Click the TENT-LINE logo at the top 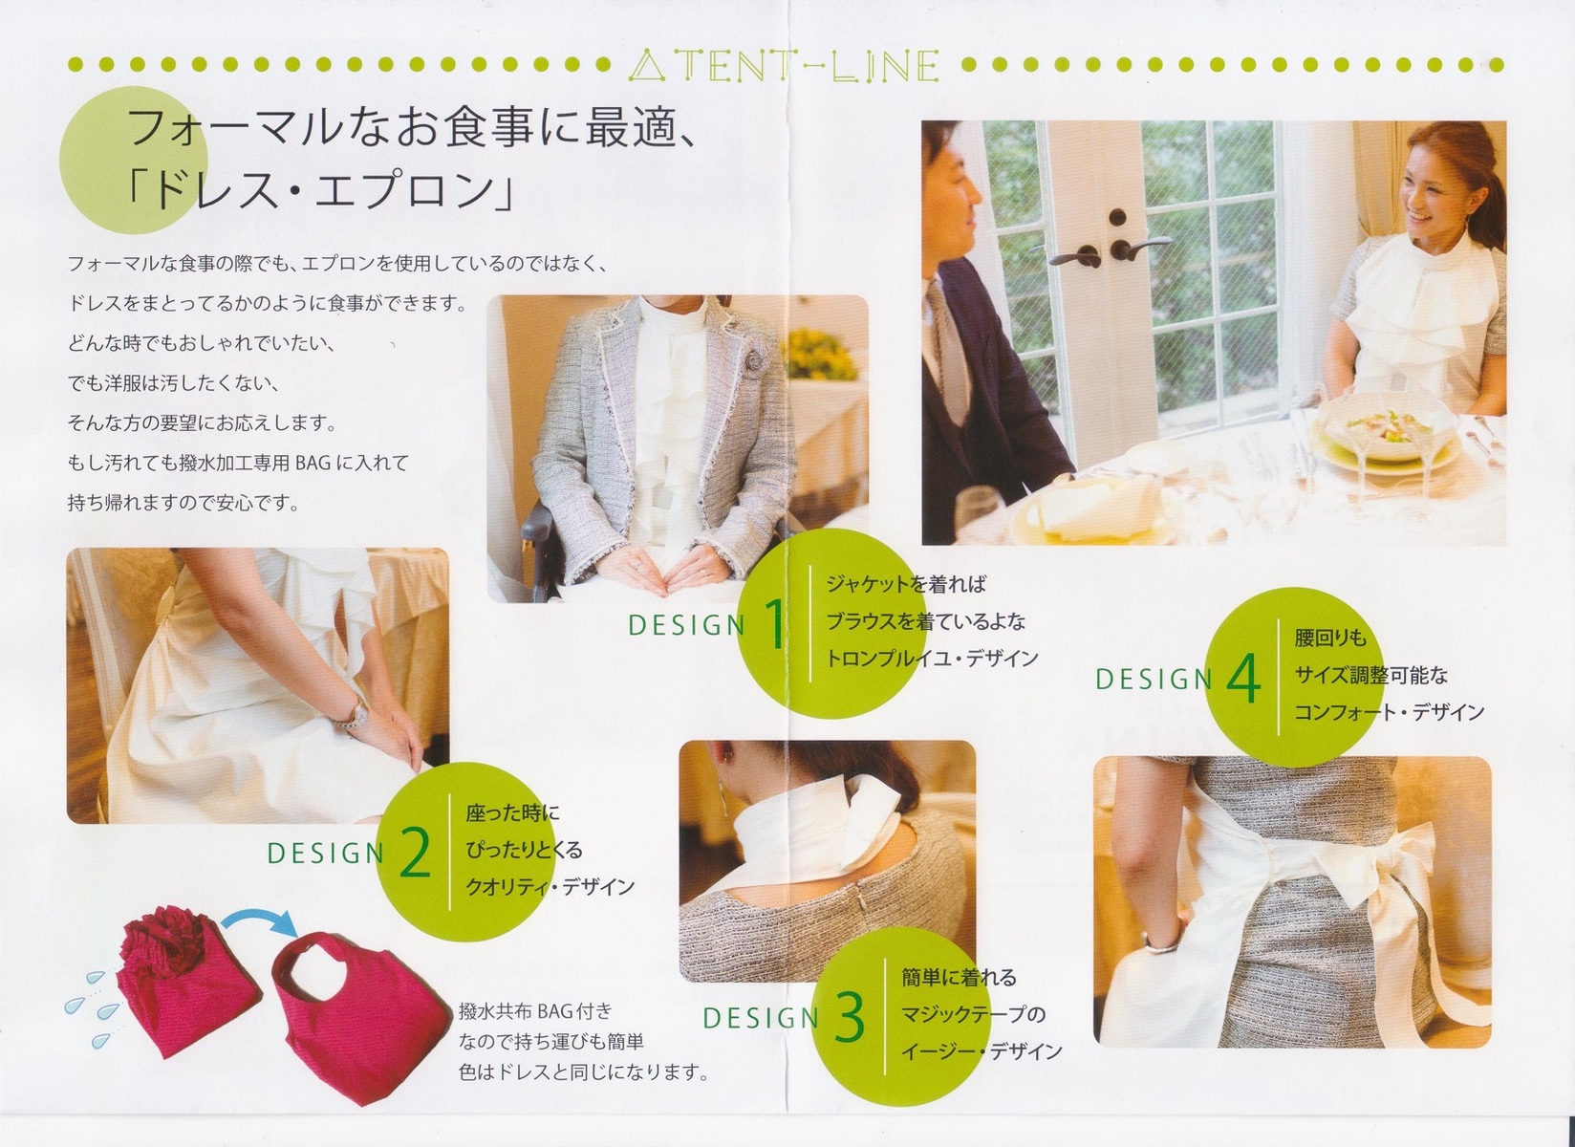pyautogui.click(x=784, y=65)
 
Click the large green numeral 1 pyautogui.click(x=774, y=624)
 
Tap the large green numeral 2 pyautogui.click(x=415, y=852)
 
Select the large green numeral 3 pyautogui.click(x=850, y=1017)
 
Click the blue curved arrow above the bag pyautogui.click(x=259, y=922)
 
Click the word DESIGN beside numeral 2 pyautogui.click(x=326, y=854)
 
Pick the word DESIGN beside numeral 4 pyautogui.click(x=1154, y=680)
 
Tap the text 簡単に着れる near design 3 pyautogui.click(x=960, y=978)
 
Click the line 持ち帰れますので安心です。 pyautogui.click(x=184, y=503)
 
